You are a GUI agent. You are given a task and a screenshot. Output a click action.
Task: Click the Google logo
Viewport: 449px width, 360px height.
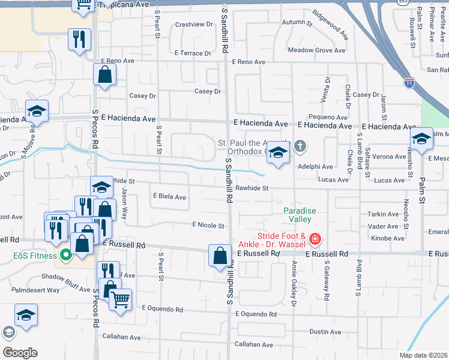(x=19, y=353)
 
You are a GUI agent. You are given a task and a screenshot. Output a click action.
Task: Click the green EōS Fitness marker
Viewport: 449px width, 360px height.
(x=65, y=255)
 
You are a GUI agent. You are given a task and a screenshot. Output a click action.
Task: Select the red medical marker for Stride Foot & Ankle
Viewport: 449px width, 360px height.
(x=315, y=240)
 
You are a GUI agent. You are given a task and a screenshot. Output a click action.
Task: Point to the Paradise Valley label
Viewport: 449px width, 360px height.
(x=300, y=215)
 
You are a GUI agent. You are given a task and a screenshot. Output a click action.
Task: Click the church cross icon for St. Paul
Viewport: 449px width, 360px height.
(x=300, y=146)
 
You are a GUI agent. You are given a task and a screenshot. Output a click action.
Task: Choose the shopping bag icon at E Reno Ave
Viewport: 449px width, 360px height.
(x=104, y=75)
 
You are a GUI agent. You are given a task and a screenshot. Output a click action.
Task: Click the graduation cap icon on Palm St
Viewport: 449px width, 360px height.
(x=421, y=139)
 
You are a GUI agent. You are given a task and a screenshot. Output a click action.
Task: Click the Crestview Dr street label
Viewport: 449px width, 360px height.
(x=194, y=25)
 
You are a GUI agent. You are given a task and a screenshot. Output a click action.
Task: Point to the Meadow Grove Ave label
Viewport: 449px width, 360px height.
(x=317, y=50)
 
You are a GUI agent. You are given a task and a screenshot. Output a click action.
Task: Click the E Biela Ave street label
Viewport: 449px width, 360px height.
(x=169, y=196)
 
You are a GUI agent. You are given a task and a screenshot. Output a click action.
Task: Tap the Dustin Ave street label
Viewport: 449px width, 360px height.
(x=325, y=332)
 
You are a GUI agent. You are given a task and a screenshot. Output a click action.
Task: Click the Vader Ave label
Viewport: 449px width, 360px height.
(x=384, y=227)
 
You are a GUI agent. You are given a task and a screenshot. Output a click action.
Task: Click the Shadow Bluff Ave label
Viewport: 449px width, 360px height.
(x=65, y=277)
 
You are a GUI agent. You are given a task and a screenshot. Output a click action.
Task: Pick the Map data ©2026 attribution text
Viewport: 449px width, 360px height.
(x=423, y=355)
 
